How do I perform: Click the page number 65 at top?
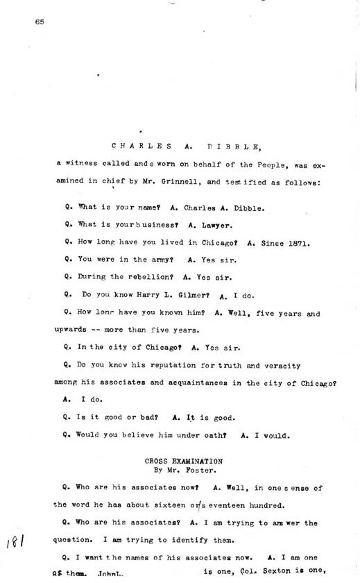coord(39,22)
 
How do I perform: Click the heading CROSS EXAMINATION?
coord(184,460)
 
